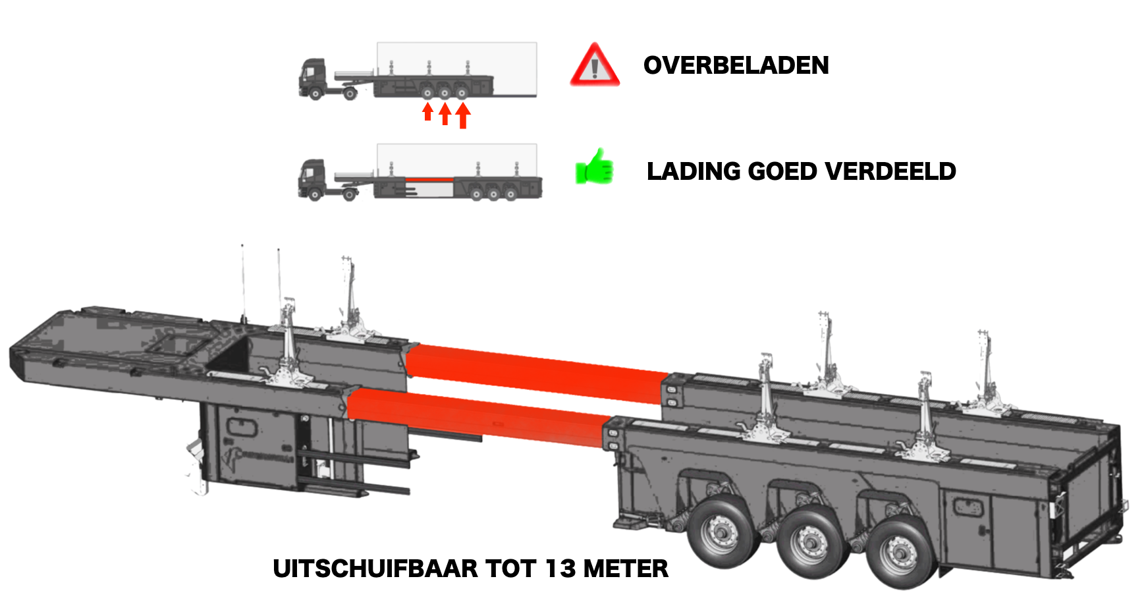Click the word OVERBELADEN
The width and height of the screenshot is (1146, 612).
pos(736,65)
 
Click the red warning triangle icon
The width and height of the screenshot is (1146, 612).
pos(595,65)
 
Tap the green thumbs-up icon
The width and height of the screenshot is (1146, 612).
pos(594,167)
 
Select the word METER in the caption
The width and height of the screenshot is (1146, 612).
pos(626,569)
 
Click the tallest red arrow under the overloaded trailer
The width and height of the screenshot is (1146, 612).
pos(463,115)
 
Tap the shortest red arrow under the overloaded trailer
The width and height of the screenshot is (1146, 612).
pos(427,111)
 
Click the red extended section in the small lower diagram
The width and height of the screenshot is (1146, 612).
pos(429,179)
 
